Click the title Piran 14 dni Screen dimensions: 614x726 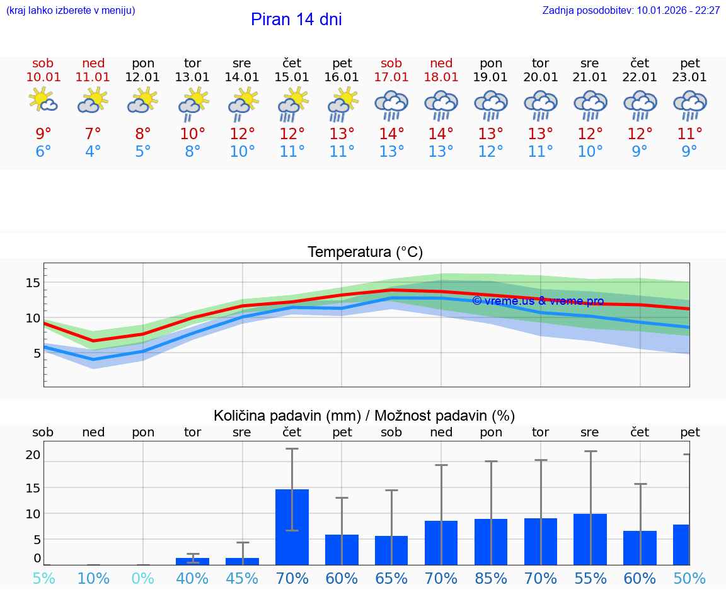tap(296, 20)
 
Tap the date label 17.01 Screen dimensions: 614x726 tap(391, 77)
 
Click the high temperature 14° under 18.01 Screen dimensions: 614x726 tap(441, 134)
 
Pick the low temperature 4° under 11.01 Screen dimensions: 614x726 tap(93, 152)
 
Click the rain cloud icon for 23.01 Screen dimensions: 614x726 tap(690, 105)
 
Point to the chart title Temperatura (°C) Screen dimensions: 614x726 tap(365, 253)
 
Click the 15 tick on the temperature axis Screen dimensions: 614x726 tap(33, 283)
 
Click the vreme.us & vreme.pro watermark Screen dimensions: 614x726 tap(538, 301)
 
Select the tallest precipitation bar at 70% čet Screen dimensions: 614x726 tap(292, 527)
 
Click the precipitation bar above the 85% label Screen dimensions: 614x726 tap(491, 542)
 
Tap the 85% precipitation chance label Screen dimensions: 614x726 tap(491, 579)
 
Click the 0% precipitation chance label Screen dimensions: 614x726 tap(143, 579)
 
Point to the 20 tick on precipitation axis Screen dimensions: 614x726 tap(33, 455)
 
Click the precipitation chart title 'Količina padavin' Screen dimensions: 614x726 tap(364, 416)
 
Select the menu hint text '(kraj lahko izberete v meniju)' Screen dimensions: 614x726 tap(71, 11)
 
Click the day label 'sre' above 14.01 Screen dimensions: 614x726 tap(242, 64)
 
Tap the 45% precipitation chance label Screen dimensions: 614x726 tap(242, 579)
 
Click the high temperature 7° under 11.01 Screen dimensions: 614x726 tap(93, 134)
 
